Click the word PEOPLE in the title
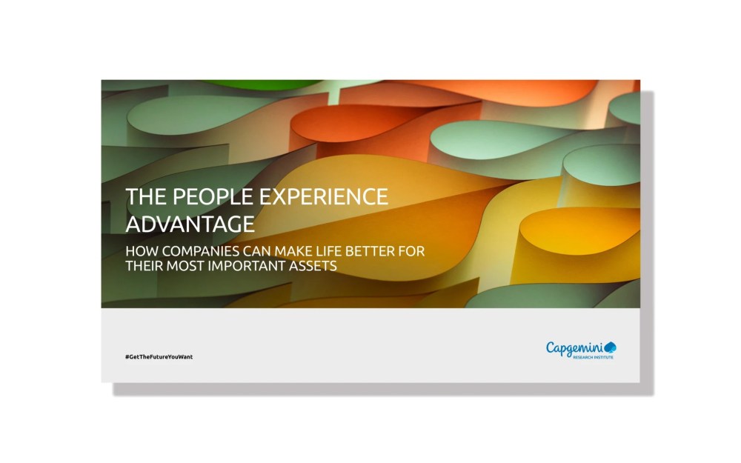tap(206, 197)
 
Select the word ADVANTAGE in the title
tap(190, 223)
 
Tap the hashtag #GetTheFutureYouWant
tap(159, 357)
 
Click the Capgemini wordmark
tap(574, 347)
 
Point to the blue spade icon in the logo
tap(611, 347)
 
